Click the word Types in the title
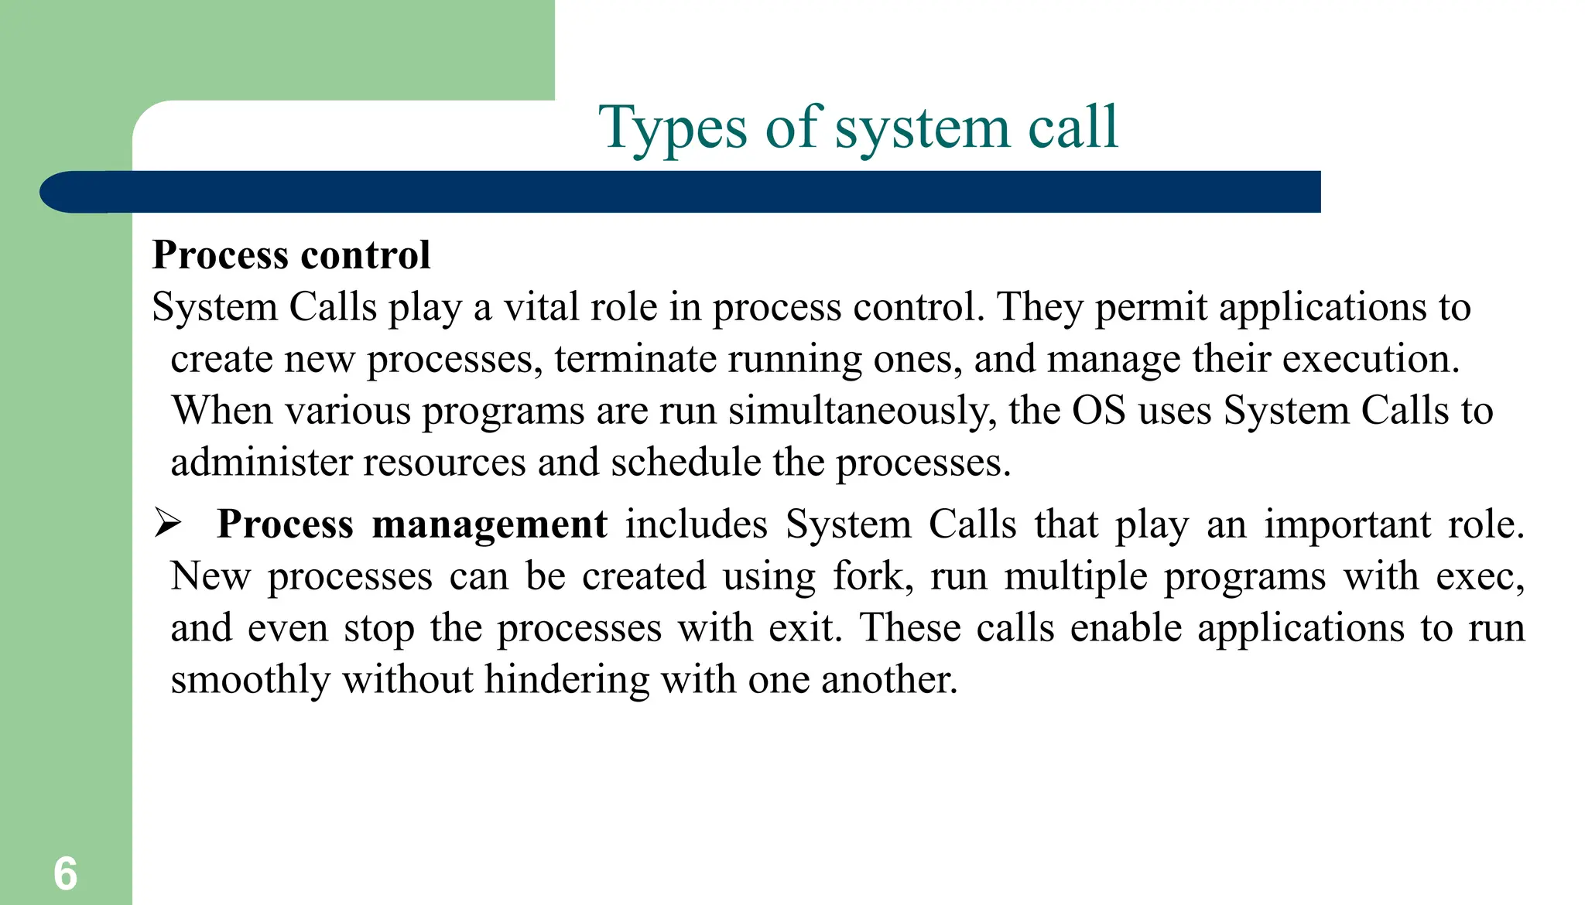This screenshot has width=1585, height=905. pos(673,128)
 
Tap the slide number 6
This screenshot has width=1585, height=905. pos(66,874)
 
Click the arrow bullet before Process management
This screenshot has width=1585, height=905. pos(167,523)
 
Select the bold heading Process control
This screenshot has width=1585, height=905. pos(291,255)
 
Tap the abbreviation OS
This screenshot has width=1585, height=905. pos(1099,411)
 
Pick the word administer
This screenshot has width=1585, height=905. pos(261,463)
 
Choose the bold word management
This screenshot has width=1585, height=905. pos(489,524)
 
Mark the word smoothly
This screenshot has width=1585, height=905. pos(250,680)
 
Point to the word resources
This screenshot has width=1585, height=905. pos(444,463)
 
